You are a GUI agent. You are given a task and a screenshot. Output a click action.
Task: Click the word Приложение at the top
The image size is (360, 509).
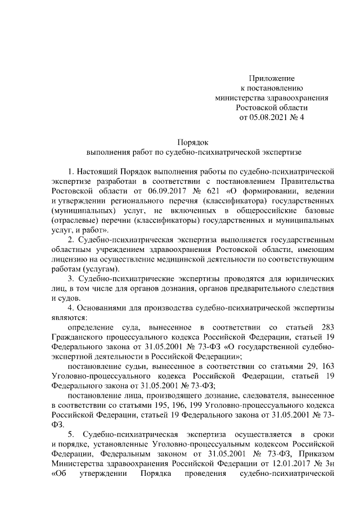[x=272, y=78]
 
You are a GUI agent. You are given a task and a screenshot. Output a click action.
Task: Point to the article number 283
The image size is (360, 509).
[x=326, y=327]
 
